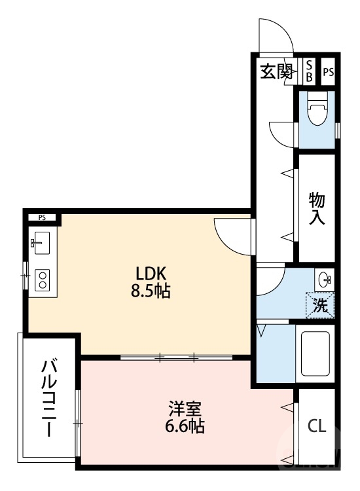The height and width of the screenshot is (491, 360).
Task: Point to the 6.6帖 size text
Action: click(x=185, y=427)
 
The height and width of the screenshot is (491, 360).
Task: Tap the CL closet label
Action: click(x=317, y=426)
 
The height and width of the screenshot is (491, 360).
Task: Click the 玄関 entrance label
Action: click(x=277, y=71)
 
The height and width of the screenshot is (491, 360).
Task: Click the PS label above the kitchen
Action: click(x=42, y=217)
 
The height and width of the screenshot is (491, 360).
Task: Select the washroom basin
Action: click(x=324, y=280)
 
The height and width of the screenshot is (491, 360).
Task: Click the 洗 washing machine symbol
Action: click(x=321, y=304)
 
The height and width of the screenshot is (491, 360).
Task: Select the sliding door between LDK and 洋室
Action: click(x=177, y=357)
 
